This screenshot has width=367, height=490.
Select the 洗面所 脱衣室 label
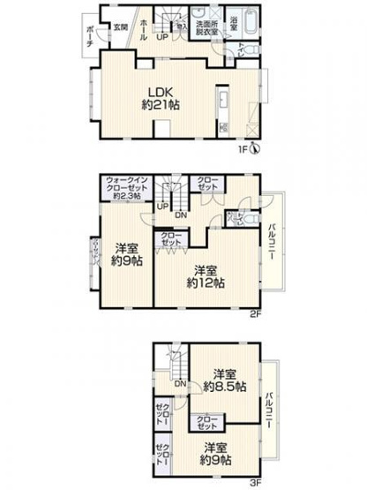[208, 26]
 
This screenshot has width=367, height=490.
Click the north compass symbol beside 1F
[254, 148]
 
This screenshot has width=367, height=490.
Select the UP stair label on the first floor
[162, 38]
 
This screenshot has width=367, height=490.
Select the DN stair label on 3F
[180, 383]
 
